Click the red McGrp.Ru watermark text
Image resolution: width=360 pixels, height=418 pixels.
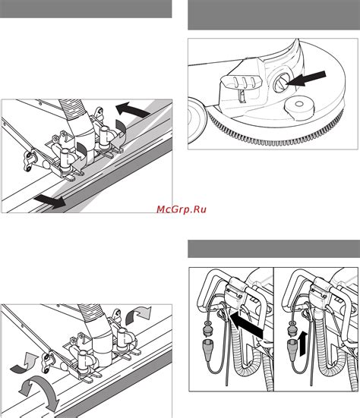[x=182, y=209]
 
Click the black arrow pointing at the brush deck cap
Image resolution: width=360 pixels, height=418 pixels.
[x=306, y=79]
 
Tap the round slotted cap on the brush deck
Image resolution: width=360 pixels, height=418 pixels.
[x=280, y=83]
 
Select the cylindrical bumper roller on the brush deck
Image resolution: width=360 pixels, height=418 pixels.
[x=299, y=108]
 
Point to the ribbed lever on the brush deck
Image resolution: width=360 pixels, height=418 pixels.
[x=242, y=83]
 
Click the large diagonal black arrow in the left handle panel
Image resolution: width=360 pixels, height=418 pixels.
[x=245, y=325]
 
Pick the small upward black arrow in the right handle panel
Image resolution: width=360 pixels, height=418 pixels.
[x=303, y=344]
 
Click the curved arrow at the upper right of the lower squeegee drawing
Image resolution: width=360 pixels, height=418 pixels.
[x=138, y=316]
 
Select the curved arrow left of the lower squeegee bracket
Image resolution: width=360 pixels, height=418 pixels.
[x=24, y=363]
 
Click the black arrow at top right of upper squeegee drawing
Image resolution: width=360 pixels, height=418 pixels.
[x=132, y=109]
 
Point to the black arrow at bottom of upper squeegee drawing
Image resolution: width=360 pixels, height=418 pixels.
[x=50, y=202]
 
